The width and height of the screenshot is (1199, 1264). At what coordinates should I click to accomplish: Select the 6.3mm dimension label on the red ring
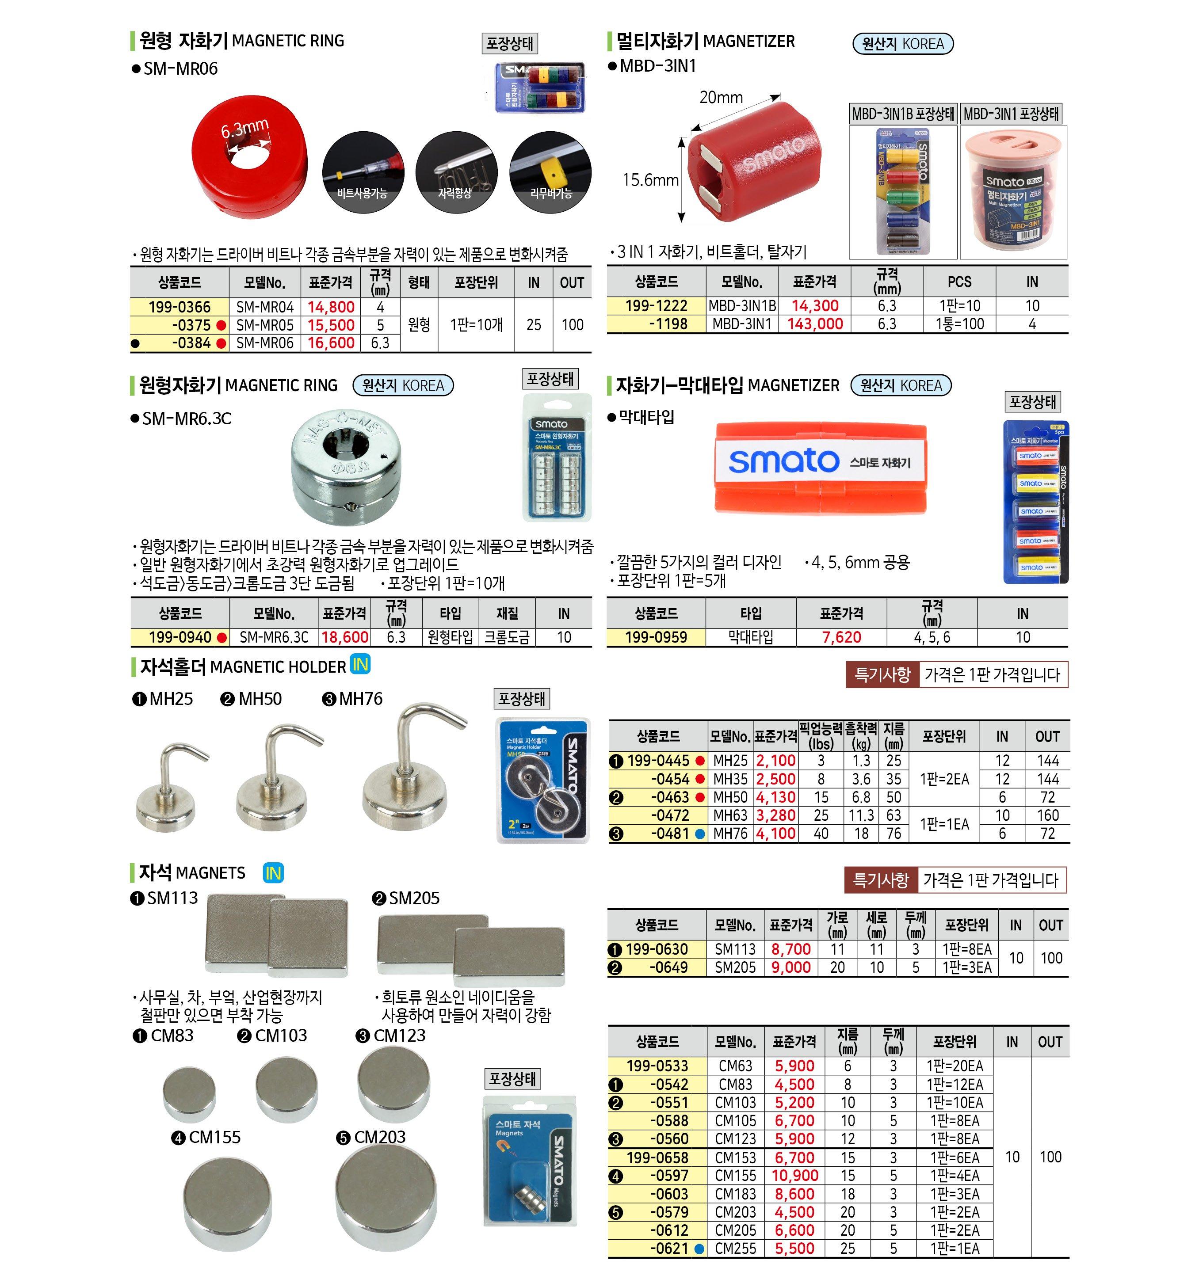pyautogui.click(x=245, y=129)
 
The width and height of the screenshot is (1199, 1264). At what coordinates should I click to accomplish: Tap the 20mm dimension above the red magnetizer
pyautogui.click(x=721, y=98)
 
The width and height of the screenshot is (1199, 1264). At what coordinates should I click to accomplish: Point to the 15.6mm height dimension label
pyautogui.click(x=650, y=180)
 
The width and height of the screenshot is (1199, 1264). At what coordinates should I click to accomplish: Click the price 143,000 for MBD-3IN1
pyautogui.click(x=815, y=324)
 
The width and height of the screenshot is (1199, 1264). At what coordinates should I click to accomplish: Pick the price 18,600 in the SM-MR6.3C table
pyautogui.click(x=344, y=637)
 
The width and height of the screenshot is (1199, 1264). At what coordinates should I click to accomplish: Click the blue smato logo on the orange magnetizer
pyautogui.click(x=783, y=461)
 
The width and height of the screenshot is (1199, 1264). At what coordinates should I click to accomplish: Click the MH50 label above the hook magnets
pyautogui.click(x=260, y=699)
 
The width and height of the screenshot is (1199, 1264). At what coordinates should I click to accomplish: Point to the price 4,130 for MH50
pyautogui.click(x=776, y=797)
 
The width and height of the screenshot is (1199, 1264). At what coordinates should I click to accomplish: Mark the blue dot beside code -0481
pyautogui.click(x=699, y=834)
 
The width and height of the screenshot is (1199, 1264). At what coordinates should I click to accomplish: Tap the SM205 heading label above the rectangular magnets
pyautogui.click(x=414, y=899)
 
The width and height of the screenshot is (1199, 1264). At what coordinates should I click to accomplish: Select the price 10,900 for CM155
pyautogui.click(x=794, y=1176)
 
